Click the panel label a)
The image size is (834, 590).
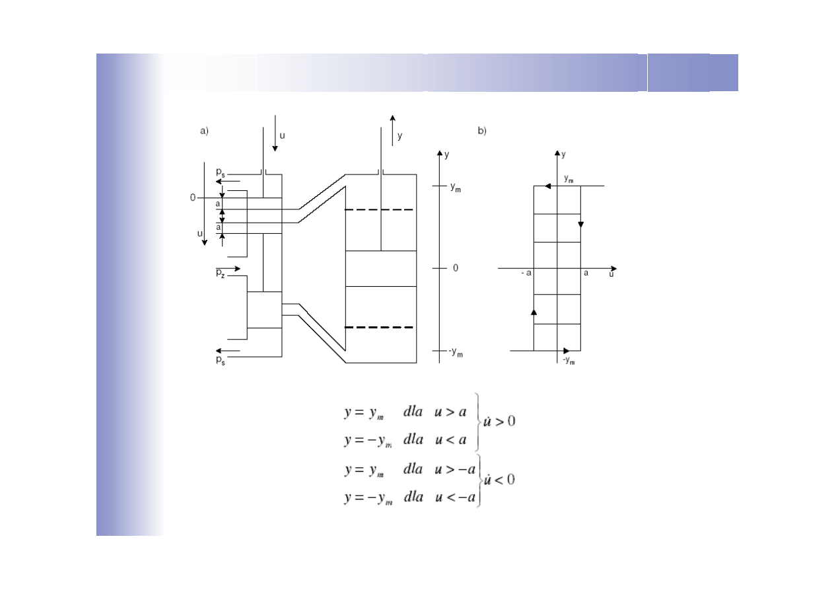204,131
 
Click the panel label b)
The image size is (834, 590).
482,131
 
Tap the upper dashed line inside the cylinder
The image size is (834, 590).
378,209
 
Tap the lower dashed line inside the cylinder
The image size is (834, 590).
378,327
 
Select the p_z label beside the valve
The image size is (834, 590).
221,274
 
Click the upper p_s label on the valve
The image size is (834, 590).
221,172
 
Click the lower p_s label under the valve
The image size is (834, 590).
221,360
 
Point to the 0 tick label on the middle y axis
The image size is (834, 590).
456,268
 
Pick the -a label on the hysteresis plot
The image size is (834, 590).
526,273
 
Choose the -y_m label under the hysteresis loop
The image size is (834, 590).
569,360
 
